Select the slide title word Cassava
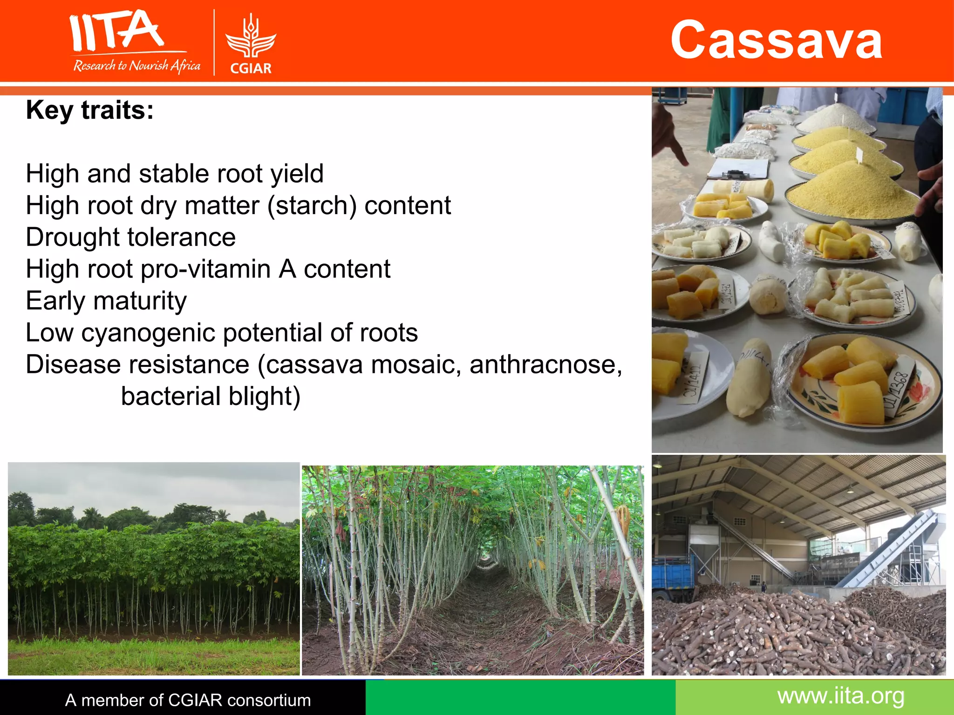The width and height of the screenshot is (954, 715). pos(776,40)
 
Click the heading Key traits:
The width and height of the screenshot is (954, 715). pos(90,110)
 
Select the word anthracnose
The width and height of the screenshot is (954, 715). pos(545,364)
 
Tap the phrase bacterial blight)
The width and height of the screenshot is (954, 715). pos(211,396)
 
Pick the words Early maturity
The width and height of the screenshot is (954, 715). pos(106,301)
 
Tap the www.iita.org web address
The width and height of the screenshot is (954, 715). pos(841,696)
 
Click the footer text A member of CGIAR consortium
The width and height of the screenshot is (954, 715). pos(188,700)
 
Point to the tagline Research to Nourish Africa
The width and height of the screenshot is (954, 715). pos(136,66)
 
